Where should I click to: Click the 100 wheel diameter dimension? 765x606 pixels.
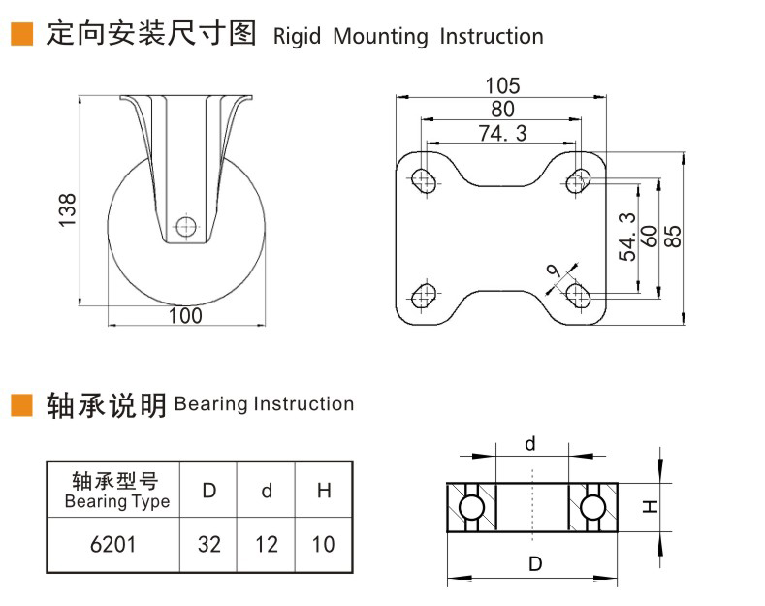click(x=185, y=315)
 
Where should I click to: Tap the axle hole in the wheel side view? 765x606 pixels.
click(x=185, y=228)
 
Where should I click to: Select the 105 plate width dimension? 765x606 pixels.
click(x=502, y=86)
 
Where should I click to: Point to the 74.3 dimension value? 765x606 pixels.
click(x=502, y=134)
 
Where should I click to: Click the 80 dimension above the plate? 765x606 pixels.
click(x=502, y=110)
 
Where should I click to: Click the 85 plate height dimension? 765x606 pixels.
click(x=675, y=237)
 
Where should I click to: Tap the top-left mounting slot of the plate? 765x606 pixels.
click(x=424, y=180)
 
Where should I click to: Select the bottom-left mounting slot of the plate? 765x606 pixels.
click(x=424, y=294)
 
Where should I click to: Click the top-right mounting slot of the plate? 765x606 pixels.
click(x=580, y=180)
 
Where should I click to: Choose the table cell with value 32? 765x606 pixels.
click(x=209, y=544)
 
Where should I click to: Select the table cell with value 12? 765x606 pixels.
click(x=267, y=544)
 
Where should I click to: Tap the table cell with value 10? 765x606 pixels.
click(x=323, y=544)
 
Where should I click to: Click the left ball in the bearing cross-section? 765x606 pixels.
click(x=471, y=507)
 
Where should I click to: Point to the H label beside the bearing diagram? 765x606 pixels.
click(x=650, y=506)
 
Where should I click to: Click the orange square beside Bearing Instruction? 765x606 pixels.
click(x=21, y=403)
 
